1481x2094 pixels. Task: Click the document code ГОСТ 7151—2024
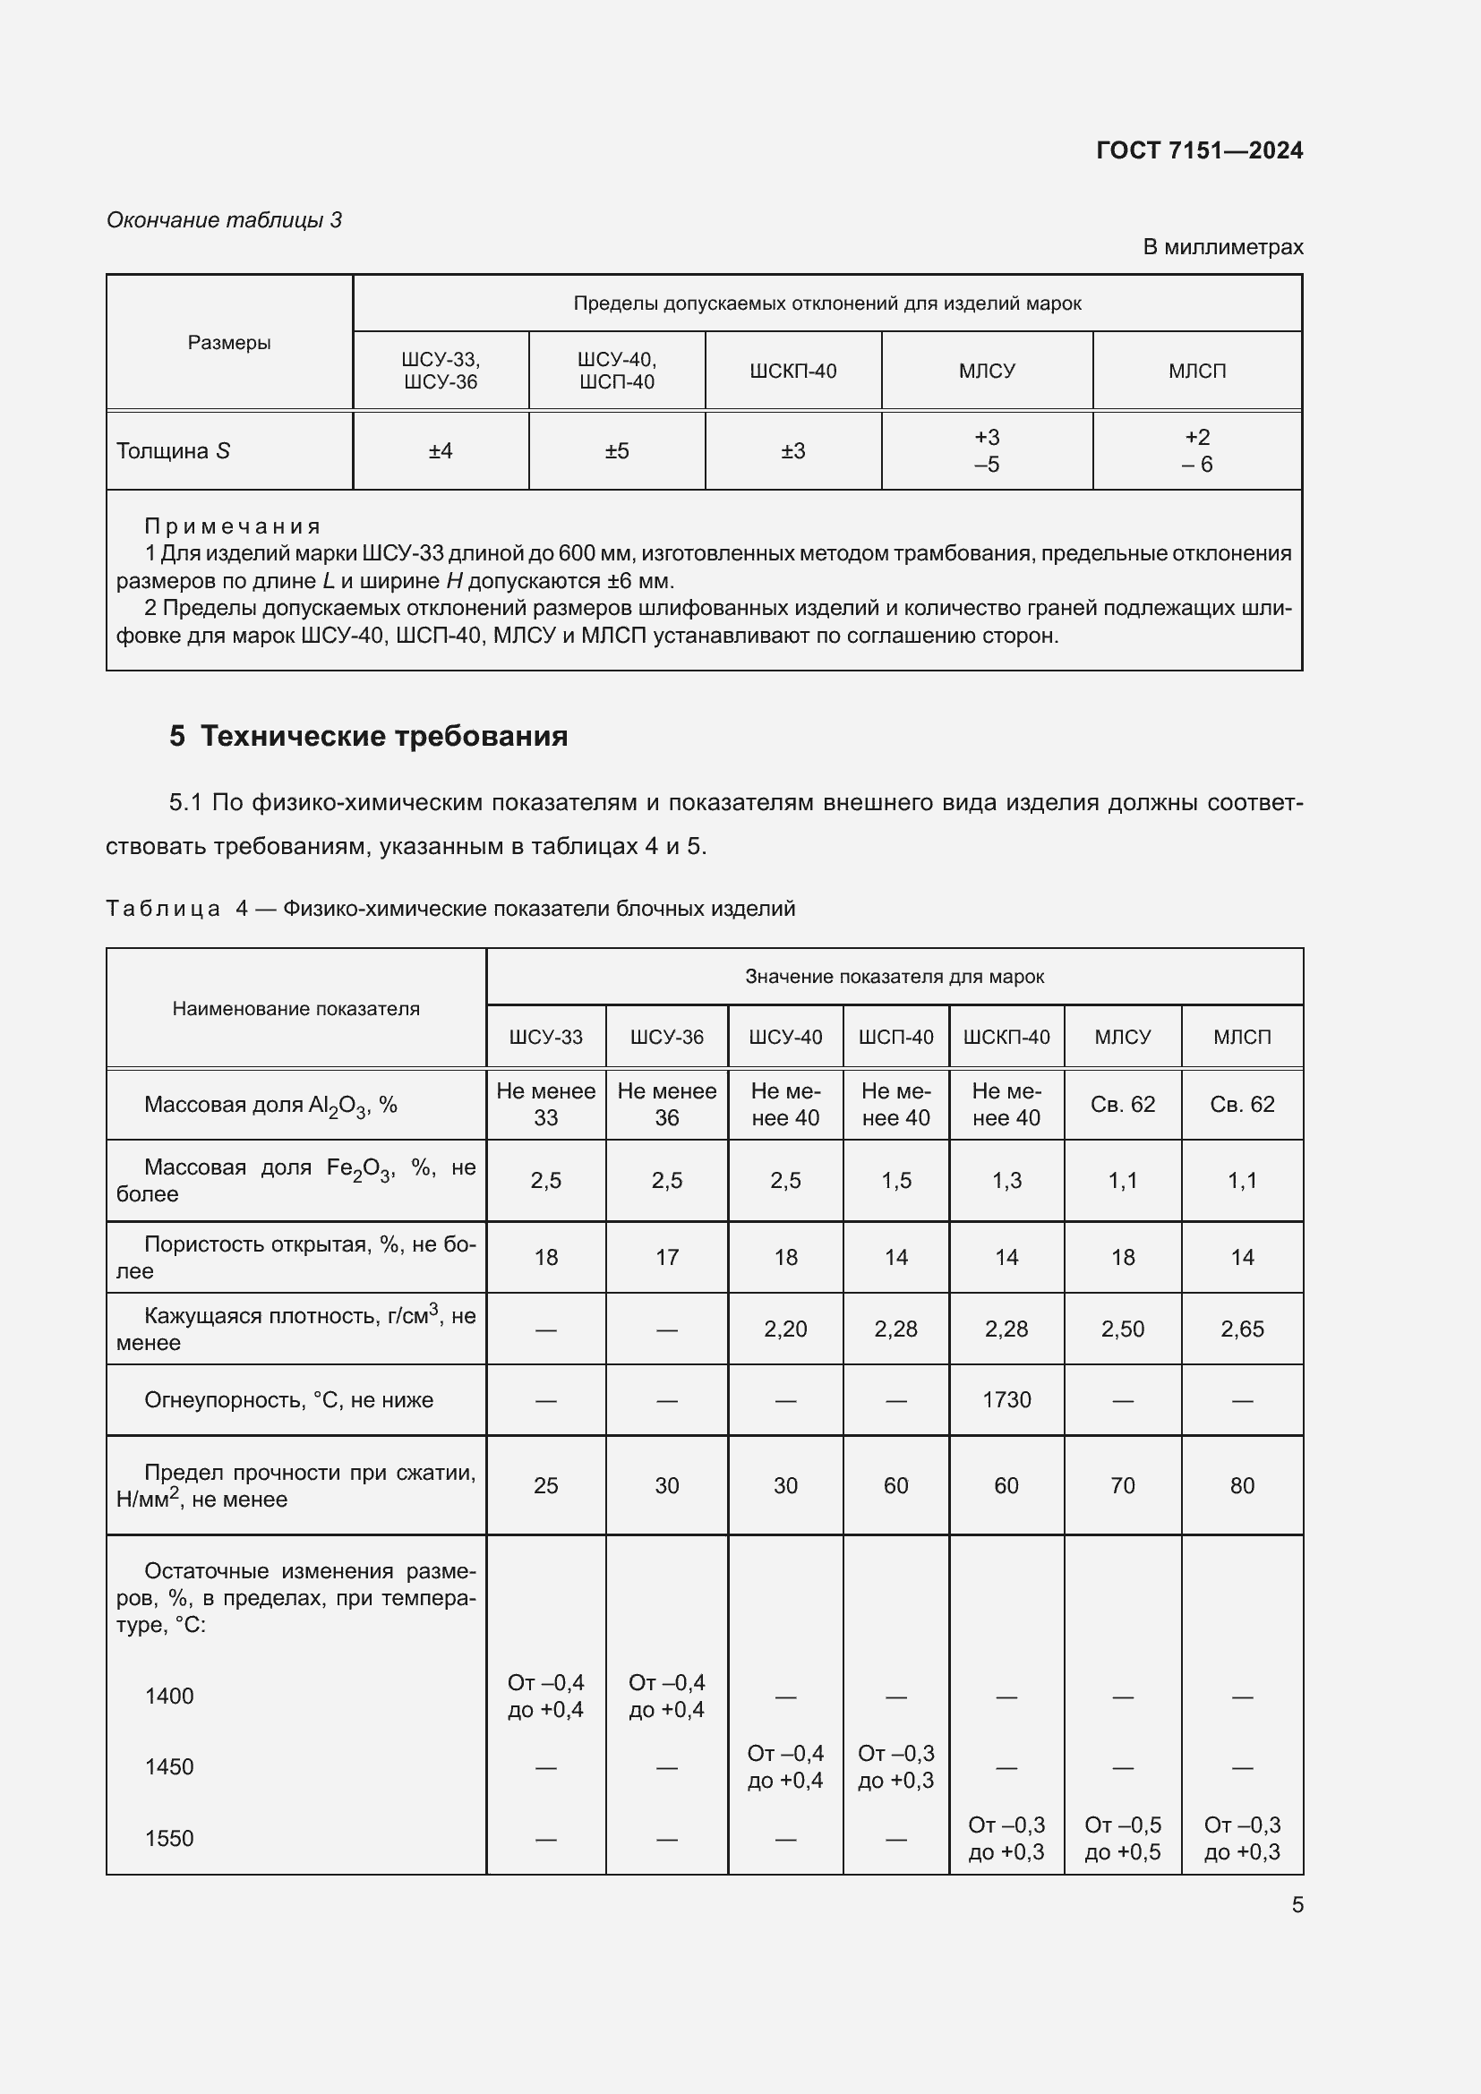(1198, 150)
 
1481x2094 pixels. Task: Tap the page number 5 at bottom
(1297, 1905)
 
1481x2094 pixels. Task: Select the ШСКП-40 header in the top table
(792, 372)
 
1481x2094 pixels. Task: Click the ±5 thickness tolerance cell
(616, 451)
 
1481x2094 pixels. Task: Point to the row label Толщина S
(174, 451)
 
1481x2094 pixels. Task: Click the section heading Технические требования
(384, 736)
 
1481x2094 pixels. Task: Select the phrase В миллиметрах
(1222, 247)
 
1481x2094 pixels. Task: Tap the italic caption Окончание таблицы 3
(225, 220)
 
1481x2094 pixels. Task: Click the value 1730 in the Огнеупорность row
(1006, 1400)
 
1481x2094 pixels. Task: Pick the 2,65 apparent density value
(1241, 1329)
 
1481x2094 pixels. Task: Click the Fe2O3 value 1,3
(1006, 1180)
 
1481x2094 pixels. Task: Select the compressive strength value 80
(1241, 1486)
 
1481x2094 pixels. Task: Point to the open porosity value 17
(667, 1258)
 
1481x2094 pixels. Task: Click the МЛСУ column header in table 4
(1122, 1037)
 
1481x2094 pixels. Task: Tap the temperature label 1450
(169, 1766)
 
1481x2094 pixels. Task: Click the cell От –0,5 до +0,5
(1122, 1839)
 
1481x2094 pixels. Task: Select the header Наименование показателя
(295, 1009)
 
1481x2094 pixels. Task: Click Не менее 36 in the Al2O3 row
(667, 1105)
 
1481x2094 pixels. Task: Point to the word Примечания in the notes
(233, 526)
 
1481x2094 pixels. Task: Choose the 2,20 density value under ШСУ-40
(785, 1329)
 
